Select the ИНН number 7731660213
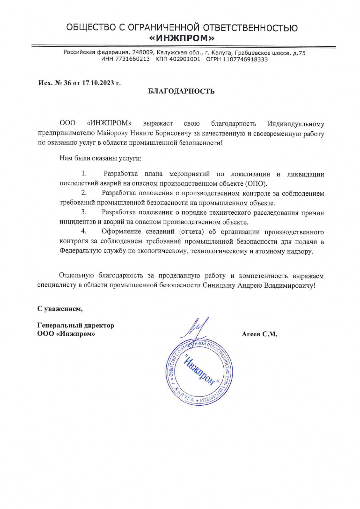point(132,59)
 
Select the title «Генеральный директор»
point(76,325)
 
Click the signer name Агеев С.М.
point(259,334)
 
